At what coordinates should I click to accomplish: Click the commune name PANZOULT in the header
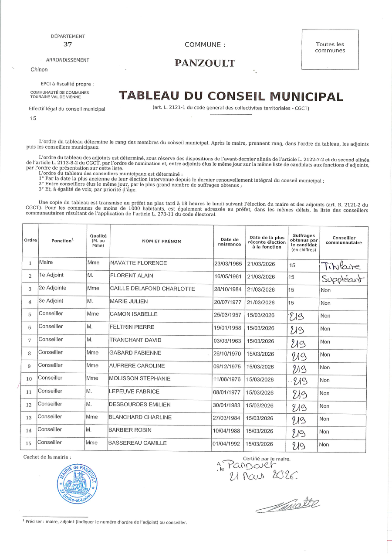coord(205,63)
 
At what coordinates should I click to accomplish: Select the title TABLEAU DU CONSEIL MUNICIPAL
coord(231,96)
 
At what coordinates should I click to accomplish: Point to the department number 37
coord(68,44)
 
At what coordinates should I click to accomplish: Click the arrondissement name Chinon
coord(39,70)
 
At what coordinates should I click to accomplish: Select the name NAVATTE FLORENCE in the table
coord(139,263)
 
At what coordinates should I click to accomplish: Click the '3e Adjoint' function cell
coord(51,301)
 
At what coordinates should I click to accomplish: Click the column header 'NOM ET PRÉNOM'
coord(162,241)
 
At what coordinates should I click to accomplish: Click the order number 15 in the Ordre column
coord(29,444)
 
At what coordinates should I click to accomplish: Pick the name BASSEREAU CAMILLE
coord(137,443)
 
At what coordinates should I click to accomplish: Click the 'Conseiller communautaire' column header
coord(344,240)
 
